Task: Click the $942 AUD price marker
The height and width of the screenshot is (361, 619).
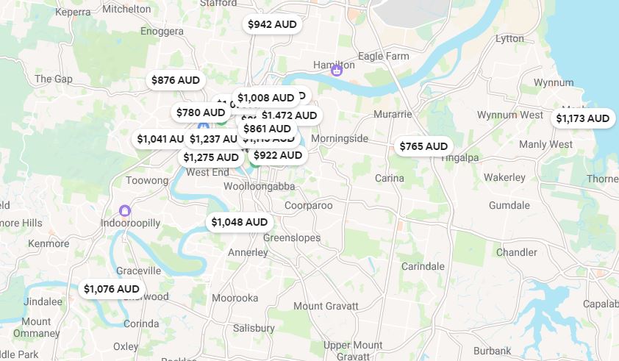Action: [272, 24]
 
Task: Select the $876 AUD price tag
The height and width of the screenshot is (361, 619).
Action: [175, 80]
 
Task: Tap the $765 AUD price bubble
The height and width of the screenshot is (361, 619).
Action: [423, 146]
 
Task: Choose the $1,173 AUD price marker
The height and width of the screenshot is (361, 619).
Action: [582, 118]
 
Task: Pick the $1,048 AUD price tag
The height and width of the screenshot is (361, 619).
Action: [239, 222]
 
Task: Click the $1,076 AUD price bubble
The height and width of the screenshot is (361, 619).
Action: [111, 289]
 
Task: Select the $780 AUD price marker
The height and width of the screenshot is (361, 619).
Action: [200, 112]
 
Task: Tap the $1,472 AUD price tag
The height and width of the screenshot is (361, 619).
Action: [289, 115]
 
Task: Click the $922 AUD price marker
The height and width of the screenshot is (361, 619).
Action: [277, 155]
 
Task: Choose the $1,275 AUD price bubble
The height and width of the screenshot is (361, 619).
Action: [211, 157]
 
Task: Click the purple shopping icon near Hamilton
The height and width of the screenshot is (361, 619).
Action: [336, 71]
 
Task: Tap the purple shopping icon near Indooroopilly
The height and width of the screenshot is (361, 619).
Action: [125, 211]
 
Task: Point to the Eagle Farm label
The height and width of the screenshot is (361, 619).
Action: [383, 56]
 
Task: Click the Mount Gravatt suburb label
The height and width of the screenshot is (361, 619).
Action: [326, 306]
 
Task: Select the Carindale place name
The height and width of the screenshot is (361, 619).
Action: [423, 266]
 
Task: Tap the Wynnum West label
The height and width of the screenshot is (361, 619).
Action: [509, 115]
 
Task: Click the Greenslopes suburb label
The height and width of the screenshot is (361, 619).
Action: [292, 238]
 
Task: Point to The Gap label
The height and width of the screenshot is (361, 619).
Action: [53, 79]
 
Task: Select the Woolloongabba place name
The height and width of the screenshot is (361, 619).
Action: [254, 187]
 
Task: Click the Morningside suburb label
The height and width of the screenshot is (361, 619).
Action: [339, 138]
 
